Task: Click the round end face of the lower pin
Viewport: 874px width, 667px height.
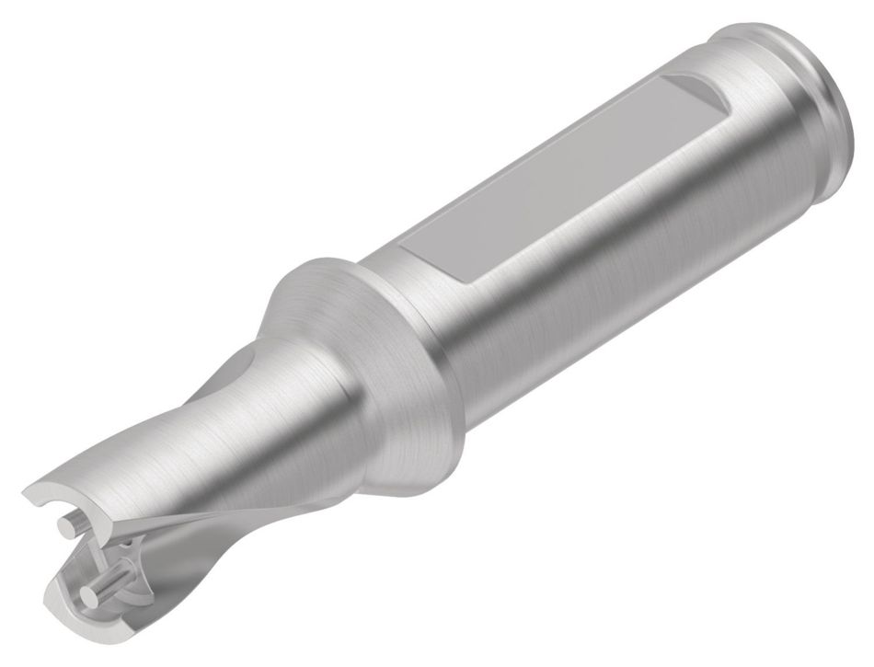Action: click(x=88, y=596)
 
